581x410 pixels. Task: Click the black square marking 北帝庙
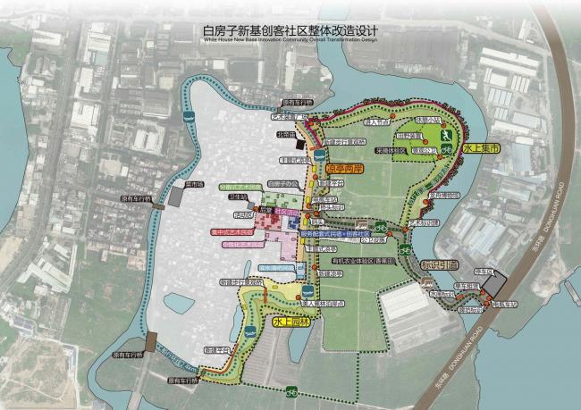301,143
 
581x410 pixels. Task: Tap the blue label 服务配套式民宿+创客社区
340,232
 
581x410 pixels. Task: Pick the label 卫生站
238,197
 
